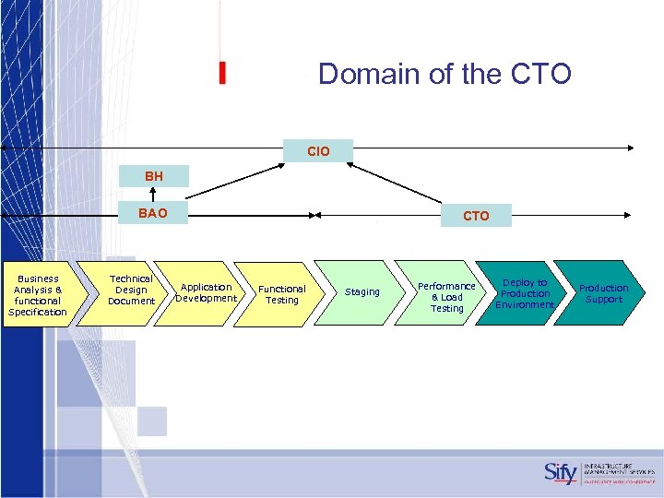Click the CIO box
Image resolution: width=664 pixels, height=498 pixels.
[x=319, y=150]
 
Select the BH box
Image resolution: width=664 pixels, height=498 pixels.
[x=153, y=175]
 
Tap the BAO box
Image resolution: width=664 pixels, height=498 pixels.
[x=153, y=214]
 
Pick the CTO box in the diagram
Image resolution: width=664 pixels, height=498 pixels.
[x=476, y=216]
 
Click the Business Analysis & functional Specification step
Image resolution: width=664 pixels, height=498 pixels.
[x=38, y=295]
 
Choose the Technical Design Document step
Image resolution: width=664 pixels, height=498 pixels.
[x=131, y=290]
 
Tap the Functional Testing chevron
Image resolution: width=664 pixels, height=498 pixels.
[x=281, y=294]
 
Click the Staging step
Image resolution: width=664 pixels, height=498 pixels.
[x=362, y=292]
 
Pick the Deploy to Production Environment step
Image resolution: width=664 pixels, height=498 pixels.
[x=525, y=293]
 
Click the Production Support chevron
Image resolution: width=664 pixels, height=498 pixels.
[x=603, y=293]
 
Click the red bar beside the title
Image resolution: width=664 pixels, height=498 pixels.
[x=222, y=74]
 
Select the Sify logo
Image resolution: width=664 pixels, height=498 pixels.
[x=560, y=473]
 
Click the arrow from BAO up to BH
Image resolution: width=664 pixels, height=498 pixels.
[x=153, y=195]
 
